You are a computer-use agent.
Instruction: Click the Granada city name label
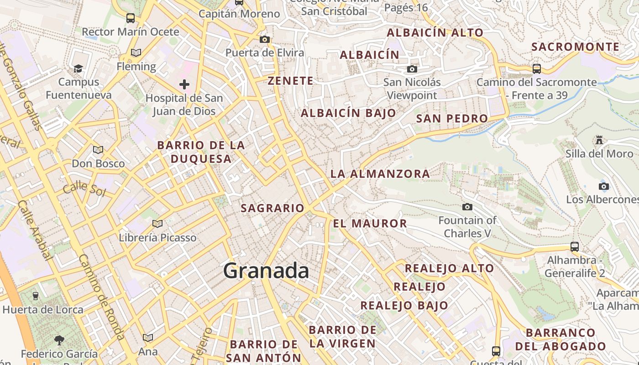click(266, 271)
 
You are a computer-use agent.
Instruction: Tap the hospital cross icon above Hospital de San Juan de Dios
click(184, 84)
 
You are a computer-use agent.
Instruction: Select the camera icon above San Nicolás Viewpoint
click(412, 69)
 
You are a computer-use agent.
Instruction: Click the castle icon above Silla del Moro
click(599, 140)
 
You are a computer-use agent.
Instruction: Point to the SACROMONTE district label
click(576, 47)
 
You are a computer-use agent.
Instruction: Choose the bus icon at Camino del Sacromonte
click(537, 69)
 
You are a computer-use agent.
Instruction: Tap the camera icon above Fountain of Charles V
click(467, 207)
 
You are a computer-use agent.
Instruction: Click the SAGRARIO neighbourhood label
click(272, 208)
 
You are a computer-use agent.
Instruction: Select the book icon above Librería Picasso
click(157, 224)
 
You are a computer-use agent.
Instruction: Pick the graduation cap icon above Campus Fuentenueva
click(79, 69)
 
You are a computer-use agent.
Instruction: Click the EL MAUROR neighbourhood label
click(370, 224)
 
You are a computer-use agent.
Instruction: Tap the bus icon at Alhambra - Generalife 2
click(575, 247)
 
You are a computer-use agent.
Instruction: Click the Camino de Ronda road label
click(102, 297)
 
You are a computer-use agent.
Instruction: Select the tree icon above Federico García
click(59, 340)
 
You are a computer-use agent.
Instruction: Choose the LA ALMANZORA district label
click(380, 174)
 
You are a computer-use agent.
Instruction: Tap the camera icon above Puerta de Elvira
click(265, 39)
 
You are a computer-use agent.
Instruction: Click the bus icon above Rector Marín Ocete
click(131, 18)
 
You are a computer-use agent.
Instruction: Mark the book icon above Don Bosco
click(98, 150)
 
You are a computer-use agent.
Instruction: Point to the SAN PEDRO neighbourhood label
click(452, 119)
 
